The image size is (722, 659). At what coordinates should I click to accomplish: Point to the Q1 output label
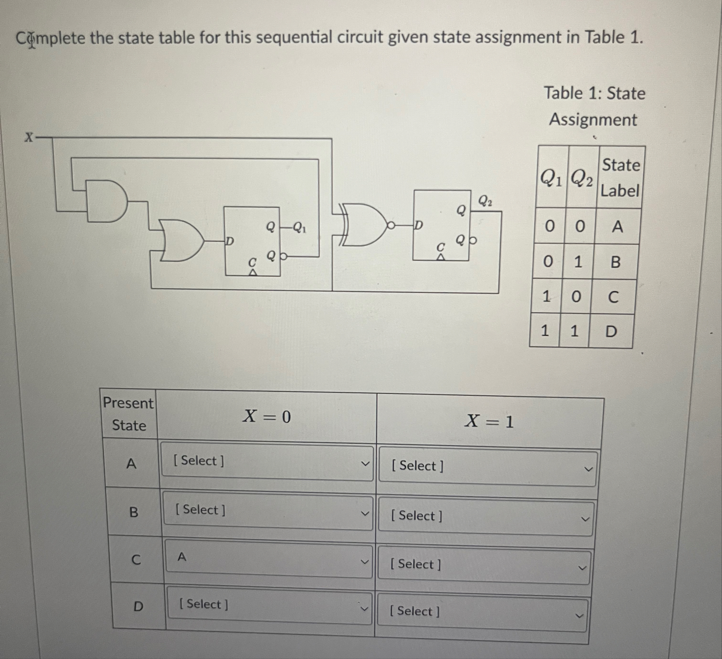299,227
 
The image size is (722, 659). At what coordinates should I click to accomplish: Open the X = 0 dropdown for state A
267,462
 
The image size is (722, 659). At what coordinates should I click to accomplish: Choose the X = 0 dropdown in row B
268,511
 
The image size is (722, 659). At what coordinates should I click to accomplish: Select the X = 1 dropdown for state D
482,613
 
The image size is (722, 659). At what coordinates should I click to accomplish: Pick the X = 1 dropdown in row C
483,565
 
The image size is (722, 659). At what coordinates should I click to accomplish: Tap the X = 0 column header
266,416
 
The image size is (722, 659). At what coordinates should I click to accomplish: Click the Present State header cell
129,414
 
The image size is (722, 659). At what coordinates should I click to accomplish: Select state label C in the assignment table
613,297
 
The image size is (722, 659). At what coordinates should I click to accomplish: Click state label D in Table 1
611,332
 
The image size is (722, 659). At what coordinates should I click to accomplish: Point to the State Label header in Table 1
620,177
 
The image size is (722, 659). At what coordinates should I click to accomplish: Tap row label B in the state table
133,512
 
